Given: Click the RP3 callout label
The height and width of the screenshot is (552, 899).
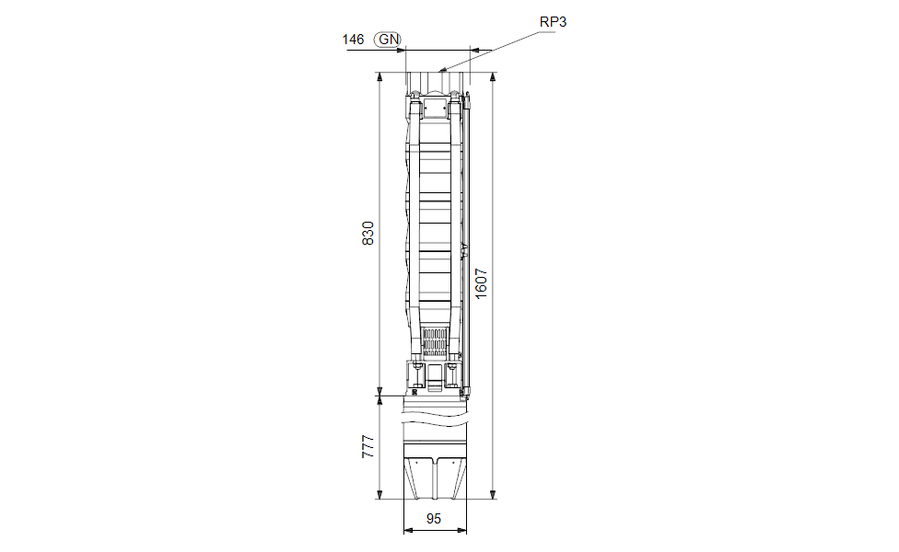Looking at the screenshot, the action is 553,22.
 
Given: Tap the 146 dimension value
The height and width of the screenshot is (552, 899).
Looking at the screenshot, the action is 353,39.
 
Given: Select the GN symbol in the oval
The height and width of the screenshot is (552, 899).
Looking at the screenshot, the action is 388,39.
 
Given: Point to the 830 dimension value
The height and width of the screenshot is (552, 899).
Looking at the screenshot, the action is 368,233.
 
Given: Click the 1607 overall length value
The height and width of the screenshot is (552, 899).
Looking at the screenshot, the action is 481,283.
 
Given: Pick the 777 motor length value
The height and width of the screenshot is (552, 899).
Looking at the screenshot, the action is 368,446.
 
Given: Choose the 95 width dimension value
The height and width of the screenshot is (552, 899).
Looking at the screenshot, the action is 434,519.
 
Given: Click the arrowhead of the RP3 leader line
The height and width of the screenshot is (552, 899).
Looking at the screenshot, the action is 441,70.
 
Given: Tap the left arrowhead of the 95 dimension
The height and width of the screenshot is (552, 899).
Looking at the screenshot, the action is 408,531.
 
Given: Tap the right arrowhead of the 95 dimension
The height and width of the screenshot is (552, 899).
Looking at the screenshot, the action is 463,531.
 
